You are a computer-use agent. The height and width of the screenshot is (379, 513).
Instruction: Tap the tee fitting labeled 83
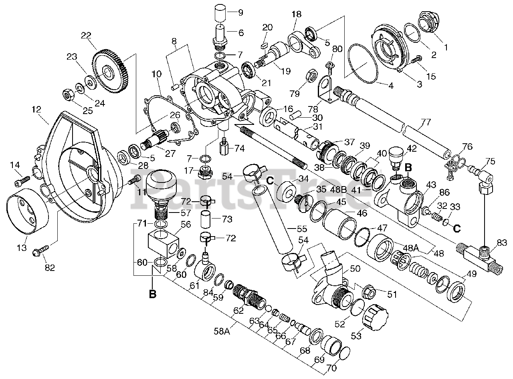(x=479, y=257)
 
